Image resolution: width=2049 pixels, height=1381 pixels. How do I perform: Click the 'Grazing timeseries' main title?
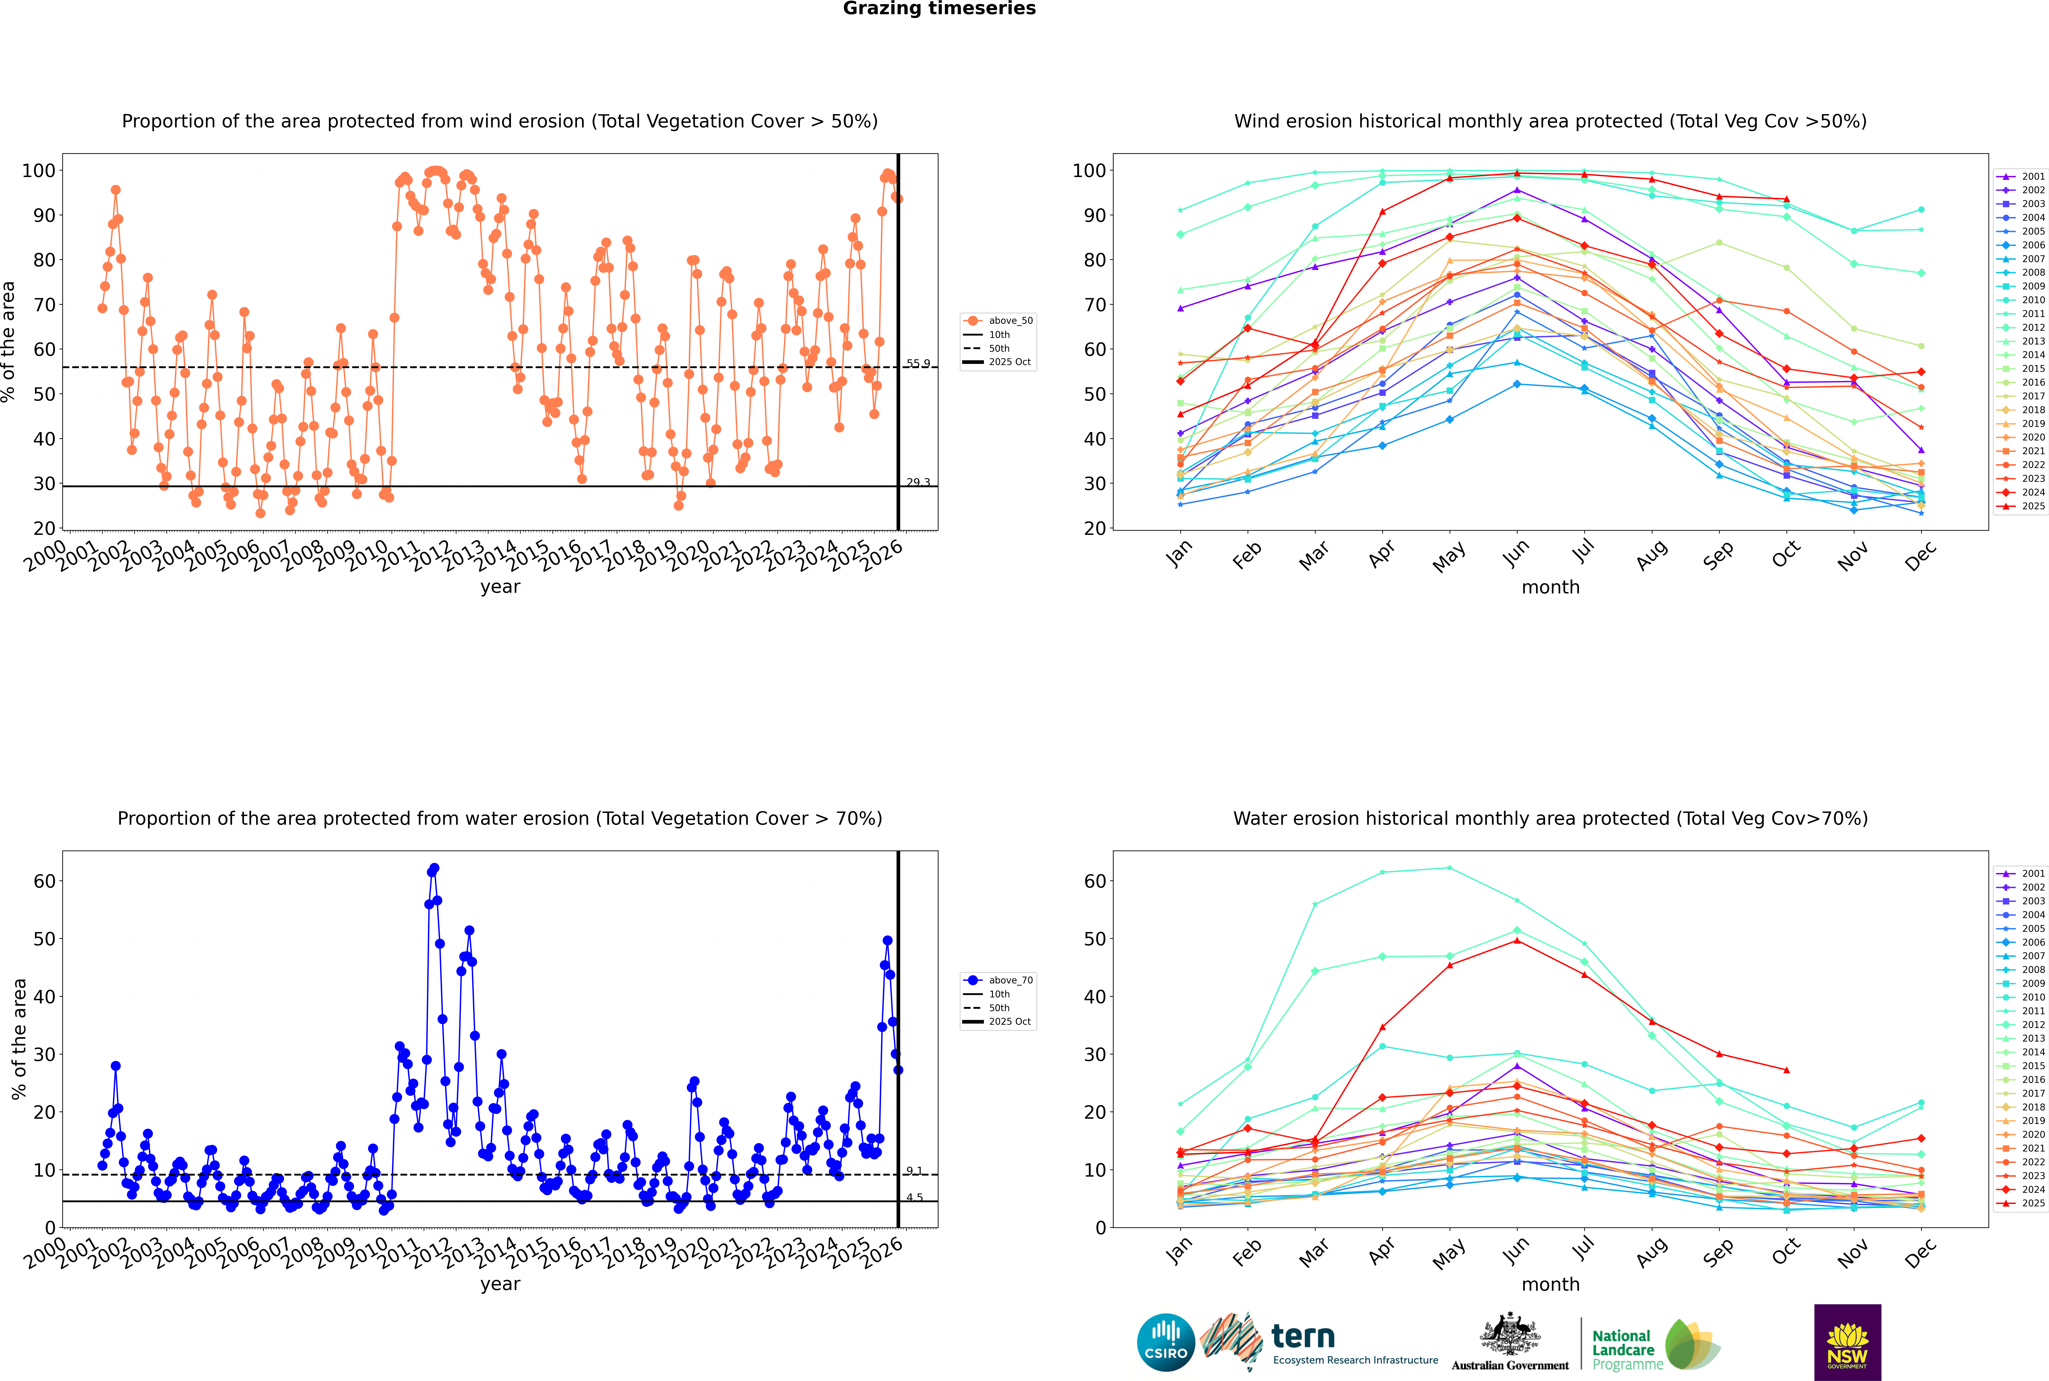tap(939, 9)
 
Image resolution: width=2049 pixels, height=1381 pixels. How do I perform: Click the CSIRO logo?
tap(1165, 1342)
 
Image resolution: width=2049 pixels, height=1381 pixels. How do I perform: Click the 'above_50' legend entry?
tap(1010, 321)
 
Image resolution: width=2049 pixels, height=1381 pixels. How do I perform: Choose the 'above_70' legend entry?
tap(1010, 980)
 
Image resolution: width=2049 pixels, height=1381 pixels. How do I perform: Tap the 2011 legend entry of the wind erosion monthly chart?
tap(2033, 313)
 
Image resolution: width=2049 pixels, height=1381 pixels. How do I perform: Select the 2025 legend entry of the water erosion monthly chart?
tap(2033, 1203)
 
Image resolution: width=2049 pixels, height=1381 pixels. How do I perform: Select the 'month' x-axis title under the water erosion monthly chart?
tap(1550, 1285)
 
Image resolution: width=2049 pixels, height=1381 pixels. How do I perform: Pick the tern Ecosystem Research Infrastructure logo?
tap(1321, 1342)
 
